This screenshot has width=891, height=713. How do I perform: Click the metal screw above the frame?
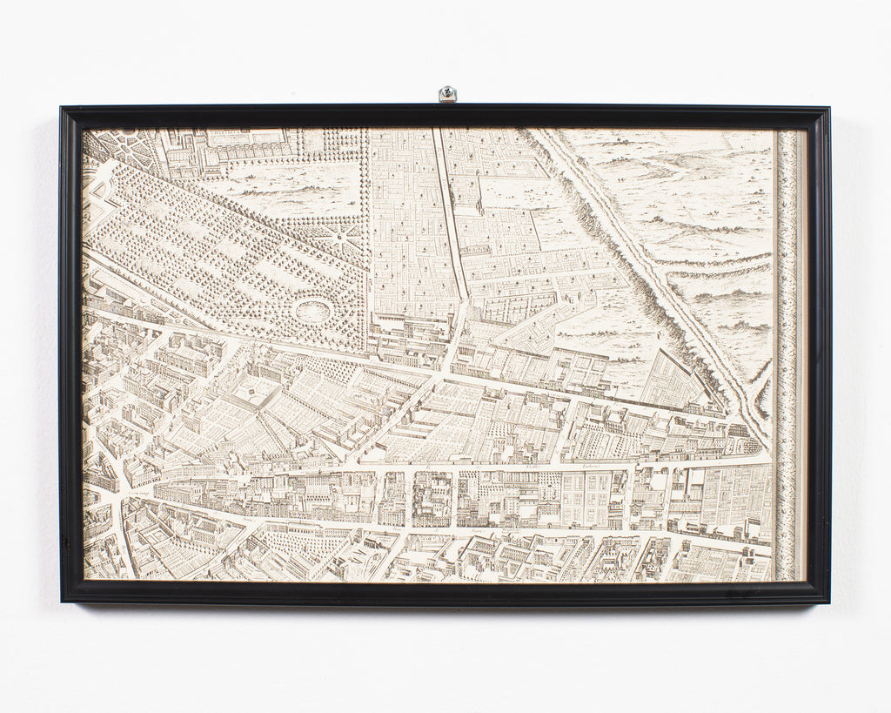coord(447,92)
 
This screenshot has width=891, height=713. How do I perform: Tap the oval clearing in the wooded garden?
coord(312,310)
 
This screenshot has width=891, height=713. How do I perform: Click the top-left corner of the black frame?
coord(62,108)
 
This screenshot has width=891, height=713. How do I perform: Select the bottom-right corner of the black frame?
coord(827,602)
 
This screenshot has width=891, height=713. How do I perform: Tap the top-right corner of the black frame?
coord(828,109)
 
